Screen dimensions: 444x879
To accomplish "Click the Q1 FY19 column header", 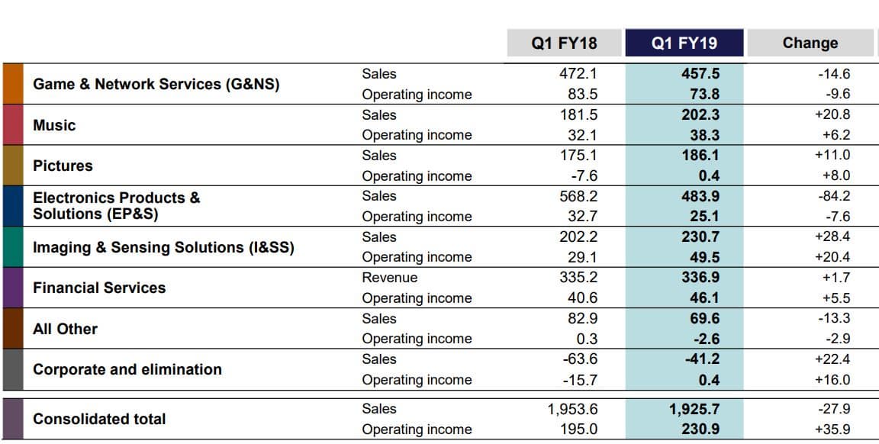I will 684,43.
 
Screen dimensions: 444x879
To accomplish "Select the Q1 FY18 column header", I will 565,43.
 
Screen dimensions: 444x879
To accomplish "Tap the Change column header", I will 810,43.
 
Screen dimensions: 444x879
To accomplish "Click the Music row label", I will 54,125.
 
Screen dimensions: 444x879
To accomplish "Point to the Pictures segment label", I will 63,166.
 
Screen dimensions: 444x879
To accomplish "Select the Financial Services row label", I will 99,288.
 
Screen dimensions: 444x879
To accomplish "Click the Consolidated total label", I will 99,419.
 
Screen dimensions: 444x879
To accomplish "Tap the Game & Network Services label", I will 156,84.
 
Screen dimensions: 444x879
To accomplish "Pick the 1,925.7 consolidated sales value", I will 694,409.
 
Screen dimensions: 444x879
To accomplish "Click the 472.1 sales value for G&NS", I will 578,74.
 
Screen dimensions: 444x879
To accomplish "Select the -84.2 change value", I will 833,196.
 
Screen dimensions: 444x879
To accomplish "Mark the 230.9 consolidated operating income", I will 700,430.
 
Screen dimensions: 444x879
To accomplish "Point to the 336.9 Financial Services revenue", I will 700,278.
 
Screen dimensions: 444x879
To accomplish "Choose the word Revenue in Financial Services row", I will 389,278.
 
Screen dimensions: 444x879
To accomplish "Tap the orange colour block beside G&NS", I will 13,84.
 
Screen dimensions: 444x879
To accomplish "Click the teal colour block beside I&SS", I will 13,247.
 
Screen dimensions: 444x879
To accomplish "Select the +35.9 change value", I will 832,430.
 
